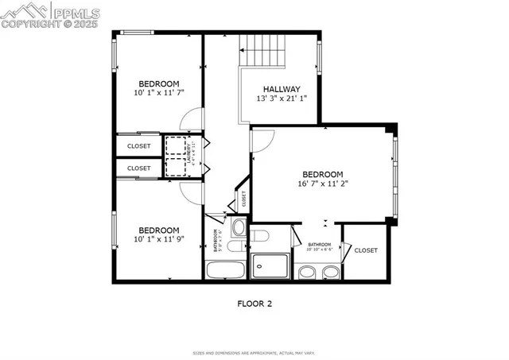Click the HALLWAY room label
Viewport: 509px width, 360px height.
click(278, 89)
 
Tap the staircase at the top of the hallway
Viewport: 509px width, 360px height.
click(262, 51)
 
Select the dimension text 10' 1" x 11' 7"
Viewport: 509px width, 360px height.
click(159, 93)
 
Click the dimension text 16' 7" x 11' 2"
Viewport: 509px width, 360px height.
click(322, 184)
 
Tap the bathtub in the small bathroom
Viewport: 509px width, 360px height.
click(227, 269)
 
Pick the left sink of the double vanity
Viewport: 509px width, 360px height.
click(308, 273)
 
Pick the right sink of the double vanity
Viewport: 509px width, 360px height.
click(329, 273)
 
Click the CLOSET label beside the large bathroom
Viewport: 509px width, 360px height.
click(366, 250)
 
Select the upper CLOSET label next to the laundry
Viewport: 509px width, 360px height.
click(139, 146)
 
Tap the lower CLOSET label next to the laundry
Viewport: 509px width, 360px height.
click(139, 168)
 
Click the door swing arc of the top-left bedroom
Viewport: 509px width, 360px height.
click(189, 119)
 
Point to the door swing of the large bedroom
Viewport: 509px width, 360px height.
click(262, 139)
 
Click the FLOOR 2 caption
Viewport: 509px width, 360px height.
click(254, 304)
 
